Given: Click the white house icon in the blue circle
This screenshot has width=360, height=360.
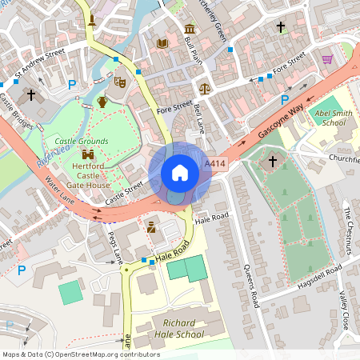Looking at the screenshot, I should [x=180, y=173].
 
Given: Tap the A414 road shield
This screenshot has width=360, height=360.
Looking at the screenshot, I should [x=214, y=164].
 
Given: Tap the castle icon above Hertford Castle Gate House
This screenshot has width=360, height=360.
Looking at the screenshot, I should [x=88, y=154].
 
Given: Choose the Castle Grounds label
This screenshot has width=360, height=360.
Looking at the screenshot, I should [x=81, y=142].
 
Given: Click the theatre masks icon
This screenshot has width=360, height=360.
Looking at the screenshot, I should [x=120, y=82].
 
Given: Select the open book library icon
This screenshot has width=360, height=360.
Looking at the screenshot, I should [x=162, y=42].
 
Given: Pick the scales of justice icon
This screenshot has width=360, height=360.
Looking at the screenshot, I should [x=204, y=87].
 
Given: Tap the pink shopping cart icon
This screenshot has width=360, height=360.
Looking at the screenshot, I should [x=327, y=58].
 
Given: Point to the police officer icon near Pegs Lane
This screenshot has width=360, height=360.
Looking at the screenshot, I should [x=150, y=228].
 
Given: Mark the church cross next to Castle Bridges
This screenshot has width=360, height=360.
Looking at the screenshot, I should [x=31, y=94].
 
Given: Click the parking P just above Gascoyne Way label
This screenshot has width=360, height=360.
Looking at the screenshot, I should [x=284, y=99].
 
